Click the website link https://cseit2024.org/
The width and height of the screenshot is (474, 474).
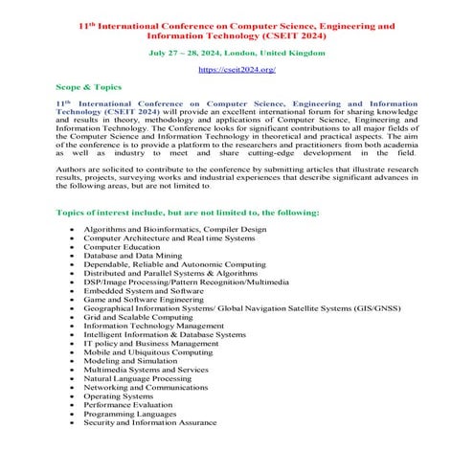pyautogui.click(x=236, y=71)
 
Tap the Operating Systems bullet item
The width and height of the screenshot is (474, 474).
pyautogui.click(x=118, y=396)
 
